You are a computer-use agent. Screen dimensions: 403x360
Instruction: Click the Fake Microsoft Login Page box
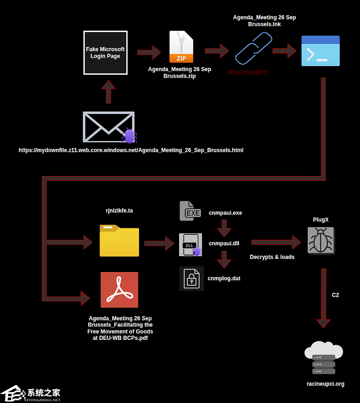pyautogui.click(x=105, y=53)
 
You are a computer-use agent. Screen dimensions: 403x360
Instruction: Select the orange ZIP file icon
pyautogui.click(x=181, y=47)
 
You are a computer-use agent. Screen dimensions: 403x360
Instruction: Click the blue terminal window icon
pyautogui.click(x=321, y=51)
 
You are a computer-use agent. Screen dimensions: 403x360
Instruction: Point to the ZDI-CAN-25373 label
pyautogui.click(x=247, y=73)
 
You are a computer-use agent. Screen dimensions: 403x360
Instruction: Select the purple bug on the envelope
pyautogui.click(x=129, y=136)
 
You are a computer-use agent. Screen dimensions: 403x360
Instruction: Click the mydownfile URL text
pyautogui.click(x=131, y=150)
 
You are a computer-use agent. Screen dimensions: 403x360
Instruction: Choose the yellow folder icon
pyautogui.click(x=119, y=241)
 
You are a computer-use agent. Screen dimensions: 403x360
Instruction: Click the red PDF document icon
pyautogui.click(x=119, y=290)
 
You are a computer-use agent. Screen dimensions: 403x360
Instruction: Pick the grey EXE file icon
pyautogui.click(x=190, y=211)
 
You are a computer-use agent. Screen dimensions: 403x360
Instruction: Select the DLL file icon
pyautogui.click(x=190, y=245)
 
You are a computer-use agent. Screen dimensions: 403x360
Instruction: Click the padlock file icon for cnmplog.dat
pyautogui.click(x=192, y=279)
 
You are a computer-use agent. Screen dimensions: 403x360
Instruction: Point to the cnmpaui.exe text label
pyautogui.click(x=225, y=213)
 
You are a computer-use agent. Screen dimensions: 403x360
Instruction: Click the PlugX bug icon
pyautogui.click(x=321, y=240)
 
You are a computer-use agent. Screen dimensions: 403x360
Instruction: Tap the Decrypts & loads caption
pyautogui.click(x=272, y=257)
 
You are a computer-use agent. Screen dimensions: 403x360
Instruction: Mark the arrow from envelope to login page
pyautogui.click(x=108, y=92)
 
